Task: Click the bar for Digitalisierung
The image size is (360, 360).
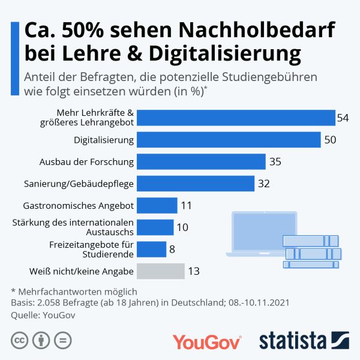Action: tap(229, 140)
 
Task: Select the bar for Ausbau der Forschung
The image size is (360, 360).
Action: tap(201, 161)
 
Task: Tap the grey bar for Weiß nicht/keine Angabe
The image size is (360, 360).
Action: tap(160, 271)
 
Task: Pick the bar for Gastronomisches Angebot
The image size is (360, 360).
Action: tap(157, 205)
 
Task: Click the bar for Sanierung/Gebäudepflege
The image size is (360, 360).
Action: tap(196, 183)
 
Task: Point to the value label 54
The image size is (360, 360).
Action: tap(343, 118)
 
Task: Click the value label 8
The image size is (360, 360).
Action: tap(172, 250)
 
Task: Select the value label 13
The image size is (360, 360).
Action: tap(194, 271)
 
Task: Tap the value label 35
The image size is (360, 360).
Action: tap(275, 161)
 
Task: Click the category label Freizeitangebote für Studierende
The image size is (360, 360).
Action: tap(91, 249)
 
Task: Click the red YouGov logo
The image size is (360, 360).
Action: tap(207, 341)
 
